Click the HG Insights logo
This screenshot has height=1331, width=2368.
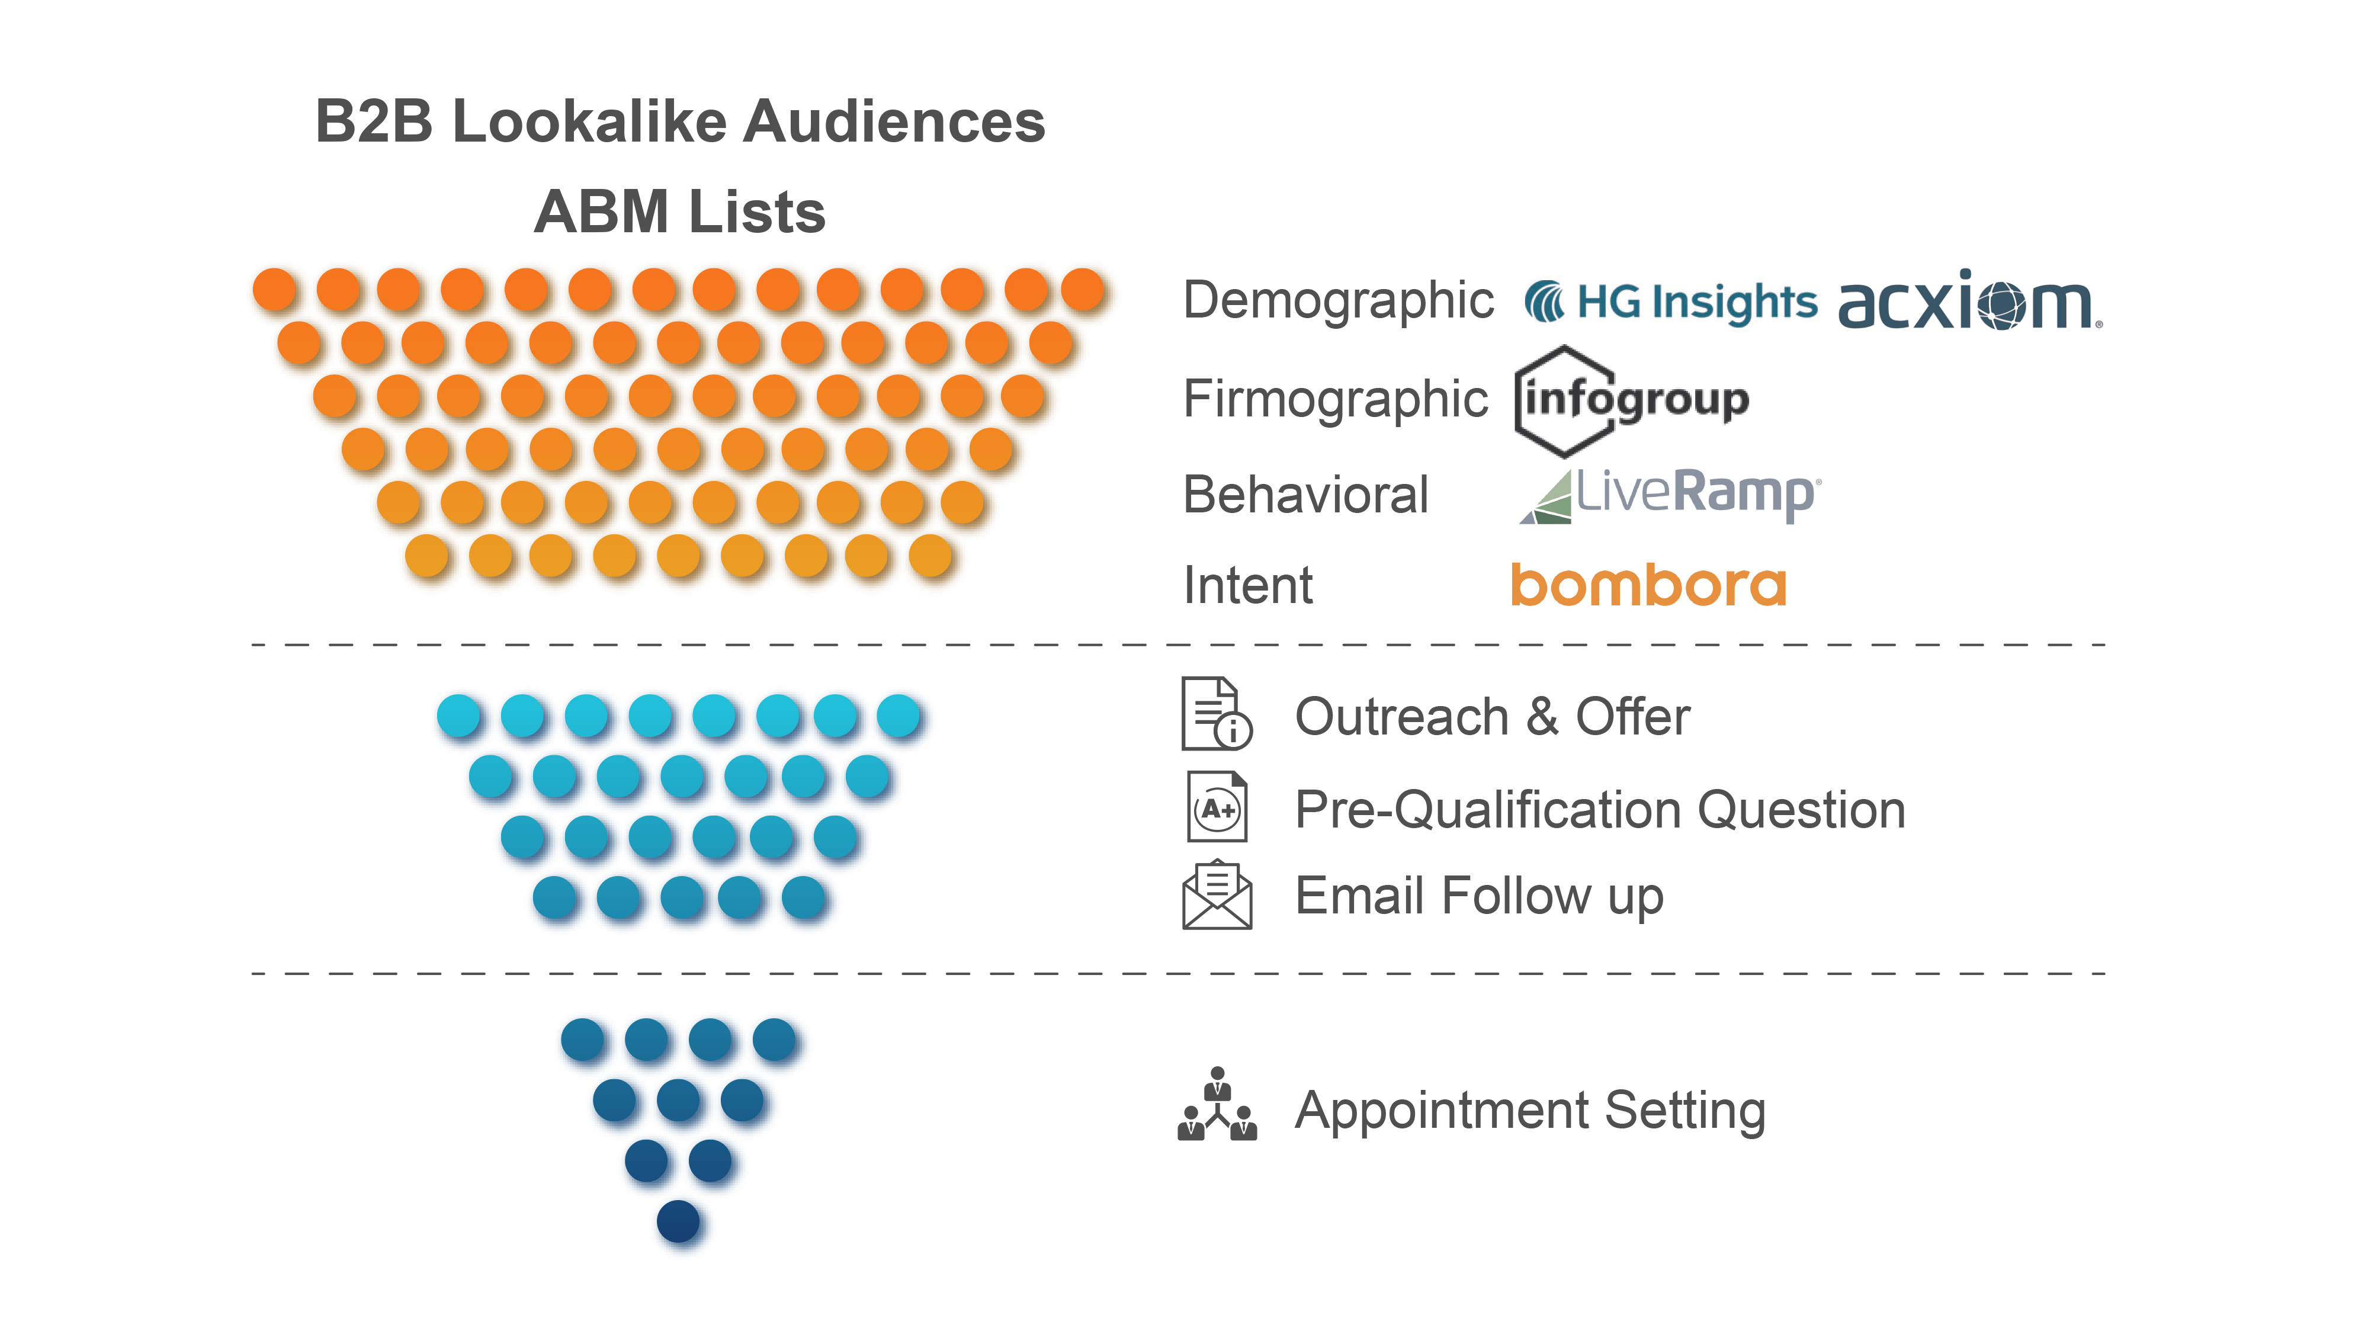click(1670, 302)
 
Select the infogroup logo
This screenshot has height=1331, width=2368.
click(1632, 401)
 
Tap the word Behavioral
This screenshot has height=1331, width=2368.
click(1305, 495)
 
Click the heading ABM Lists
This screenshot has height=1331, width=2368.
click(679, 212)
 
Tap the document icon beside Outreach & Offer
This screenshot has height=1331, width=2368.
click(1216, 714)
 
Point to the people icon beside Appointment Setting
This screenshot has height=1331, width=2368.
click(1217, 1106)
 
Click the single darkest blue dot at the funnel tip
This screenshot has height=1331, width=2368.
click(678, 1221)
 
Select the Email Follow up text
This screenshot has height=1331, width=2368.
click(1479, 896)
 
